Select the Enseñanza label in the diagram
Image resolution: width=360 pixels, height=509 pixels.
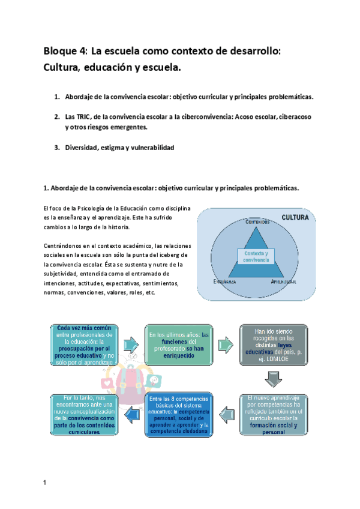[x=223, y=281]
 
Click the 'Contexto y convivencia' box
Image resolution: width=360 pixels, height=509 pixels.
[x=256, y=257]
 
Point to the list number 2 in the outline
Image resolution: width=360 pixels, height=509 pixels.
[x=57, y=116]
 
